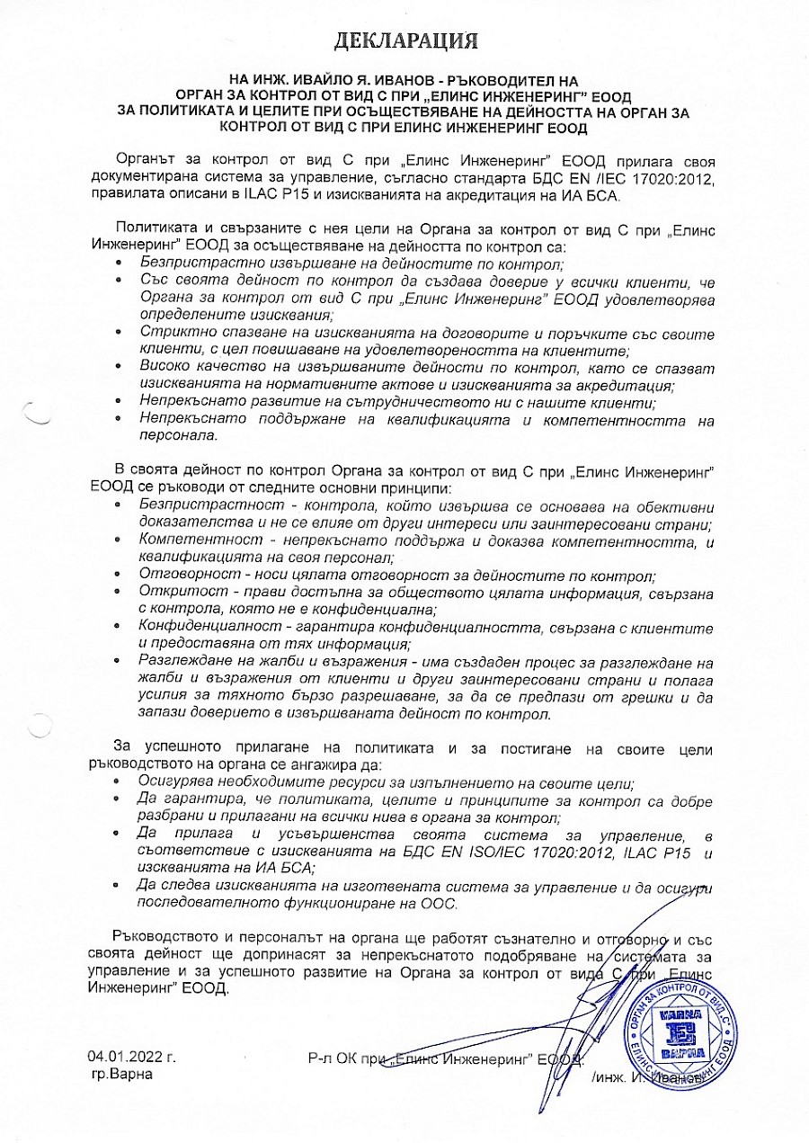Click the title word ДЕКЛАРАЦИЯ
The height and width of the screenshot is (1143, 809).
[x=405, y=40]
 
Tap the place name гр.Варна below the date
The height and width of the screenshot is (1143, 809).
[x=122, y=1074]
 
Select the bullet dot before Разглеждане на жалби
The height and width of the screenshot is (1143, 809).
[x=121, y=661]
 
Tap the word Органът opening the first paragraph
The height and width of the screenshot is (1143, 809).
[x=142, y=161]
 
